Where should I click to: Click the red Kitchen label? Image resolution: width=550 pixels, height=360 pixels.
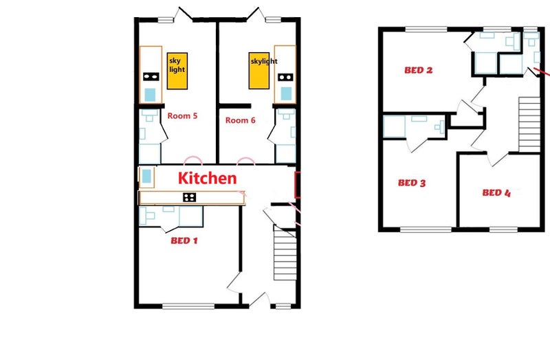[208, 179]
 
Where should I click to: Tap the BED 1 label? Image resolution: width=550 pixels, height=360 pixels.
[184, 240]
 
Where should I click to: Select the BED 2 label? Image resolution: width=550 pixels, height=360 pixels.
[419, 70]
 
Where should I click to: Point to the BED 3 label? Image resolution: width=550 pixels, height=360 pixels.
[412, 183]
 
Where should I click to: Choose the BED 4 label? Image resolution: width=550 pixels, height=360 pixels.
[496, 192]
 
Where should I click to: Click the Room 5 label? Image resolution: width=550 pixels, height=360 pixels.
[182, 115]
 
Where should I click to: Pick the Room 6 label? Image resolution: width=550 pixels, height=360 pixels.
[240, 120]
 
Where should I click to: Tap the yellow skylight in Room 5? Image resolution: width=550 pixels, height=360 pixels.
[177, 71]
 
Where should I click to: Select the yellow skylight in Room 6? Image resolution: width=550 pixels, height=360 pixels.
[259, 71]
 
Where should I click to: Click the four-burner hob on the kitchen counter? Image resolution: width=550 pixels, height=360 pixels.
[190, 197]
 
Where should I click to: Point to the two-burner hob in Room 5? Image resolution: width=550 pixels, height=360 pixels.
[151, 76]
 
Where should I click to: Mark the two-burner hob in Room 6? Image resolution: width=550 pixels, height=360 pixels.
[285, 77]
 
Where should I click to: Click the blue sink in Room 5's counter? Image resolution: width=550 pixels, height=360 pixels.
[150, 95]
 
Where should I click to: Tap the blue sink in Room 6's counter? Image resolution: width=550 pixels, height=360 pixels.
[286, 93]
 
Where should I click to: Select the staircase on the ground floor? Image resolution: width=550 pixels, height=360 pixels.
[285, 253]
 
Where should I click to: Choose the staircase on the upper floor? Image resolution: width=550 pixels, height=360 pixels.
[529, 124]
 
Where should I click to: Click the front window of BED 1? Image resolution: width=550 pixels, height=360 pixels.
[188, 306]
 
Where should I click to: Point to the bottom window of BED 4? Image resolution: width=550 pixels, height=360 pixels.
[503, 229]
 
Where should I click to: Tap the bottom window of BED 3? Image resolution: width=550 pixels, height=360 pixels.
[426, 229]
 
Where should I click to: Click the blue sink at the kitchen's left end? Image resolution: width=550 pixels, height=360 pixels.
[146, 177]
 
